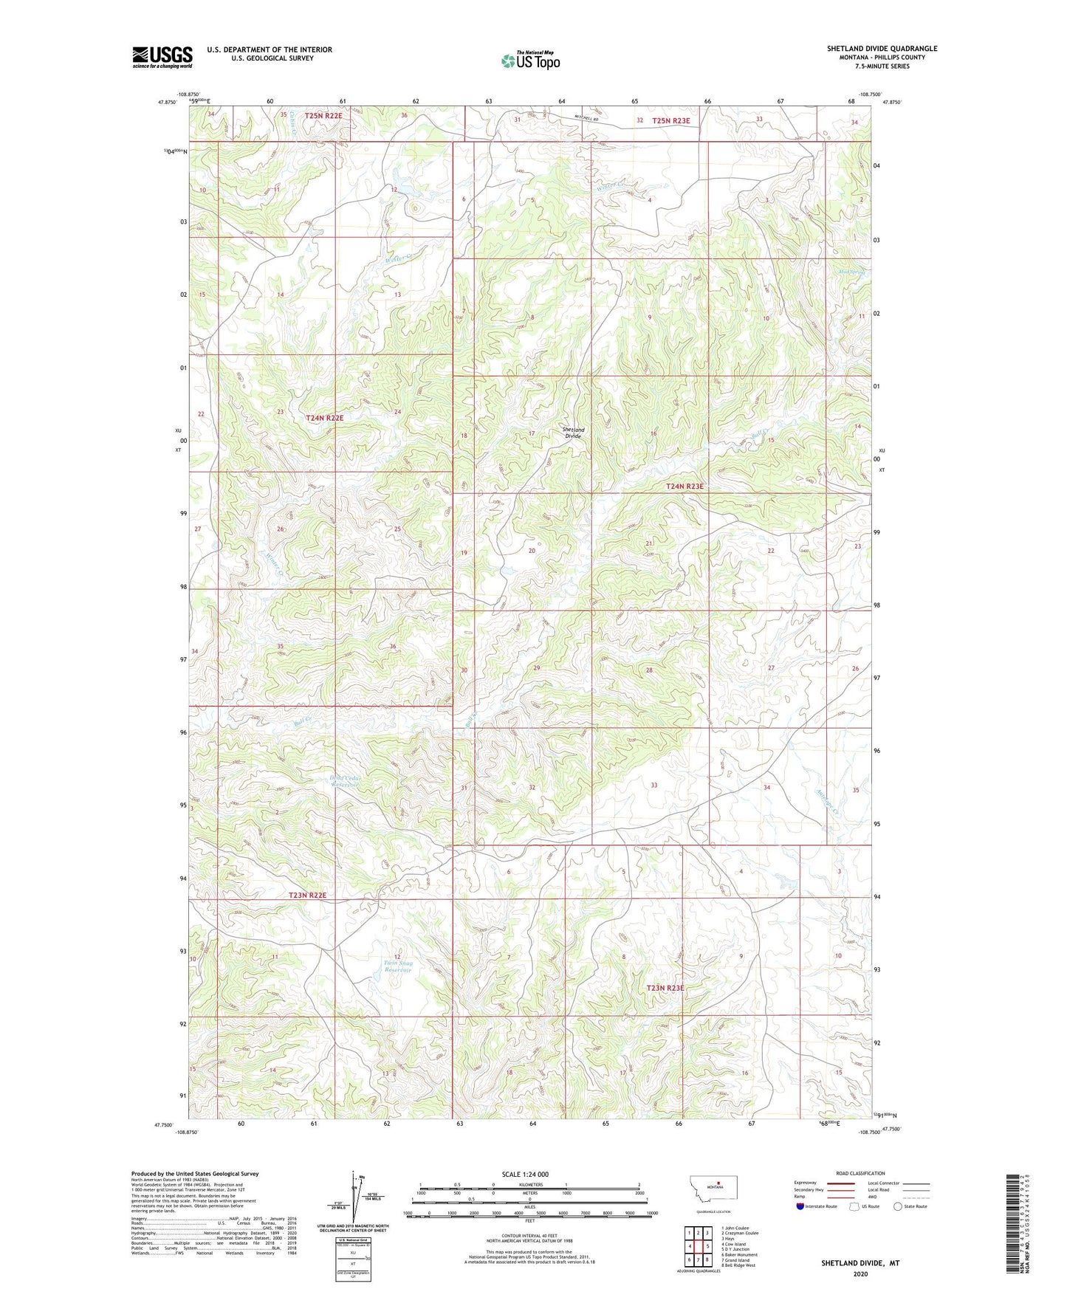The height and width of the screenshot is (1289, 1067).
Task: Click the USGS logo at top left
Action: coord(162,57)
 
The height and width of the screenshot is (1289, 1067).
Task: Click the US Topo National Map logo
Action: coord(529,61)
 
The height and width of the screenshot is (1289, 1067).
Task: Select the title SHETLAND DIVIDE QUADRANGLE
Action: coord(882,49)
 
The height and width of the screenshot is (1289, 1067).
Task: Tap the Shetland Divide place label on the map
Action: coord(573,433)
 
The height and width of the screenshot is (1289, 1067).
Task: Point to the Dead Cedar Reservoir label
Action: coord(343,781)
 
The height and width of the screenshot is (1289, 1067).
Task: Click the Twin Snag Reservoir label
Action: coord(398,966)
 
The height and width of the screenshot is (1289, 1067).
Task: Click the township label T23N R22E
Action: coord(307,895)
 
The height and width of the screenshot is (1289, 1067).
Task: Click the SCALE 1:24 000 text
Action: coord(524,1175)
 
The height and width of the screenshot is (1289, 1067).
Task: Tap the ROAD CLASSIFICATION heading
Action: coord(860,1173)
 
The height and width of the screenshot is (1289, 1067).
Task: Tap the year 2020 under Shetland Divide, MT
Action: coord(860,1273)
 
